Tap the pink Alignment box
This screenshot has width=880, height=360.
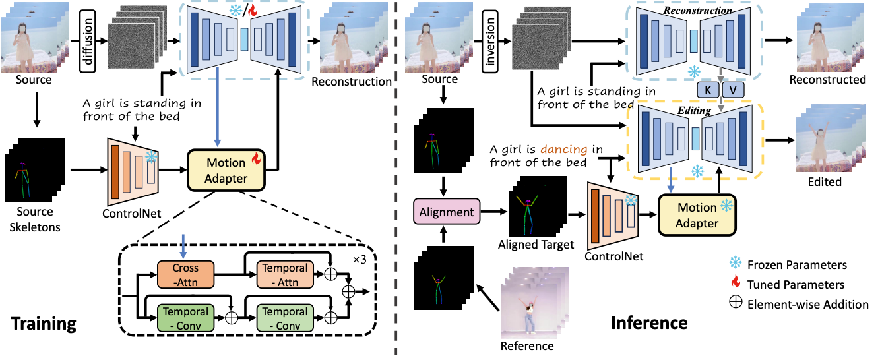tap(446, 212)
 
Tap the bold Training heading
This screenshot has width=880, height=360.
tap(43, 324)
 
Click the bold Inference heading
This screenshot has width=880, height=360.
tap(649, 323)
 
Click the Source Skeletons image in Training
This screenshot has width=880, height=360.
tap(34, 169)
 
